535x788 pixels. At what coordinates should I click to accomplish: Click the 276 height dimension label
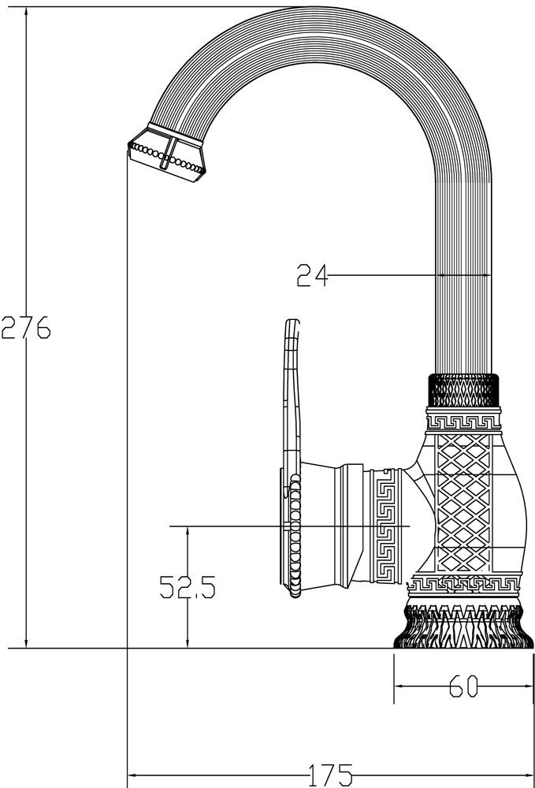pyautogui.click(x=25, y=326)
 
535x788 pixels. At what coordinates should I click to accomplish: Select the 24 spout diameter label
pyautogui.click(x=312, y=276)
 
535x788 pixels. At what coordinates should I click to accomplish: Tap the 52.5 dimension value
pyautogui.click(x=188, y=587)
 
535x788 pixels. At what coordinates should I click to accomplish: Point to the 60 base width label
pyautogui.click(x=464, y=687)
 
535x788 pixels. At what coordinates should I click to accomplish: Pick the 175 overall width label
pyautogui.click(x=329, y=776)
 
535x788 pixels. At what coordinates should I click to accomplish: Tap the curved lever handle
pyautogui.click(x=291, y=394)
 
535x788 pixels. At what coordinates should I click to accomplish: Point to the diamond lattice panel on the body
pyautogui.click(x=463, y=504)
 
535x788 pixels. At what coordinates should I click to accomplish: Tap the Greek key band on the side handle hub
pyautogui.click(x=387, y=525)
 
